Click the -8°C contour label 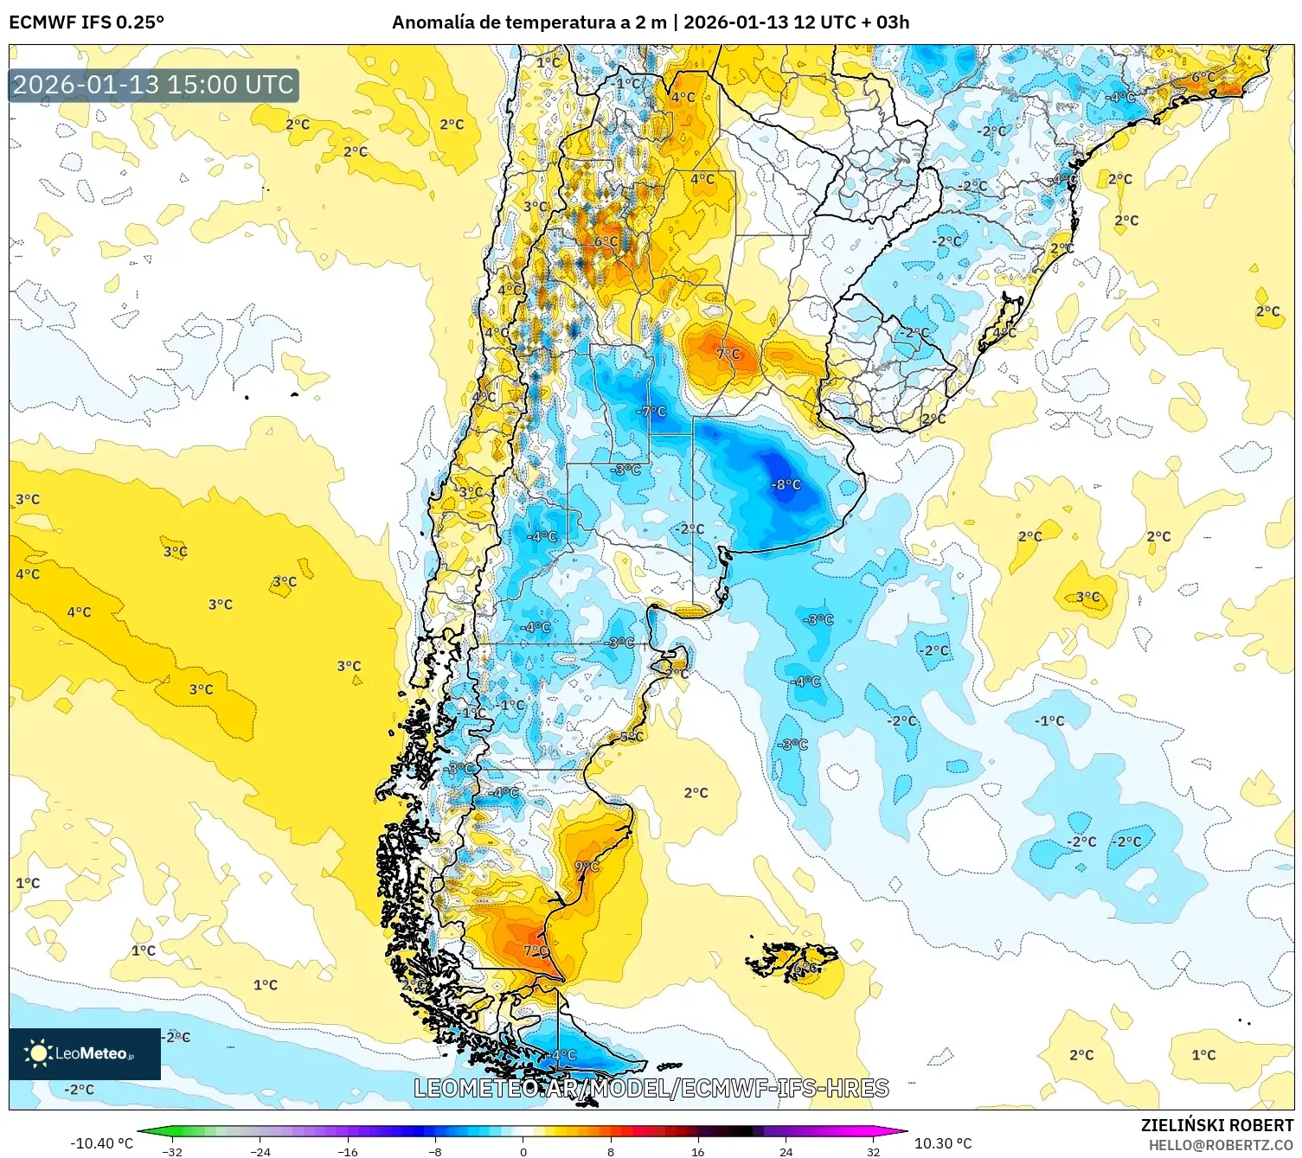point(786,485)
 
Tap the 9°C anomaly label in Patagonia point(587,867)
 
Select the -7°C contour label point(651,412)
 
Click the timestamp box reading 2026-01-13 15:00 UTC point(154,85)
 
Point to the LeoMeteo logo point(85,1053)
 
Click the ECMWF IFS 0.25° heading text point(87,22)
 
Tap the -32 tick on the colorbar point(172,1151)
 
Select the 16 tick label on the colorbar point(697,1151)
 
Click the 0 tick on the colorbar point(523,1151)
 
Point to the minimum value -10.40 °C point(101,1143)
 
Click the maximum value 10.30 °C point(943,1143)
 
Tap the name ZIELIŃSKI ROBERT point(1216,1125)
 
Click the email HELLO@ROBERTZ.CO point(1220,1145)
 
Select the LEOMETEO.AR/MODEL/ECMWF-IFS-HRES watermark point(651,1088)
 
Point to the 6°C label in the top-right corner point(1203,77)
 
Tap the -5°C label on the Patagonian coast point(631,737)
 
